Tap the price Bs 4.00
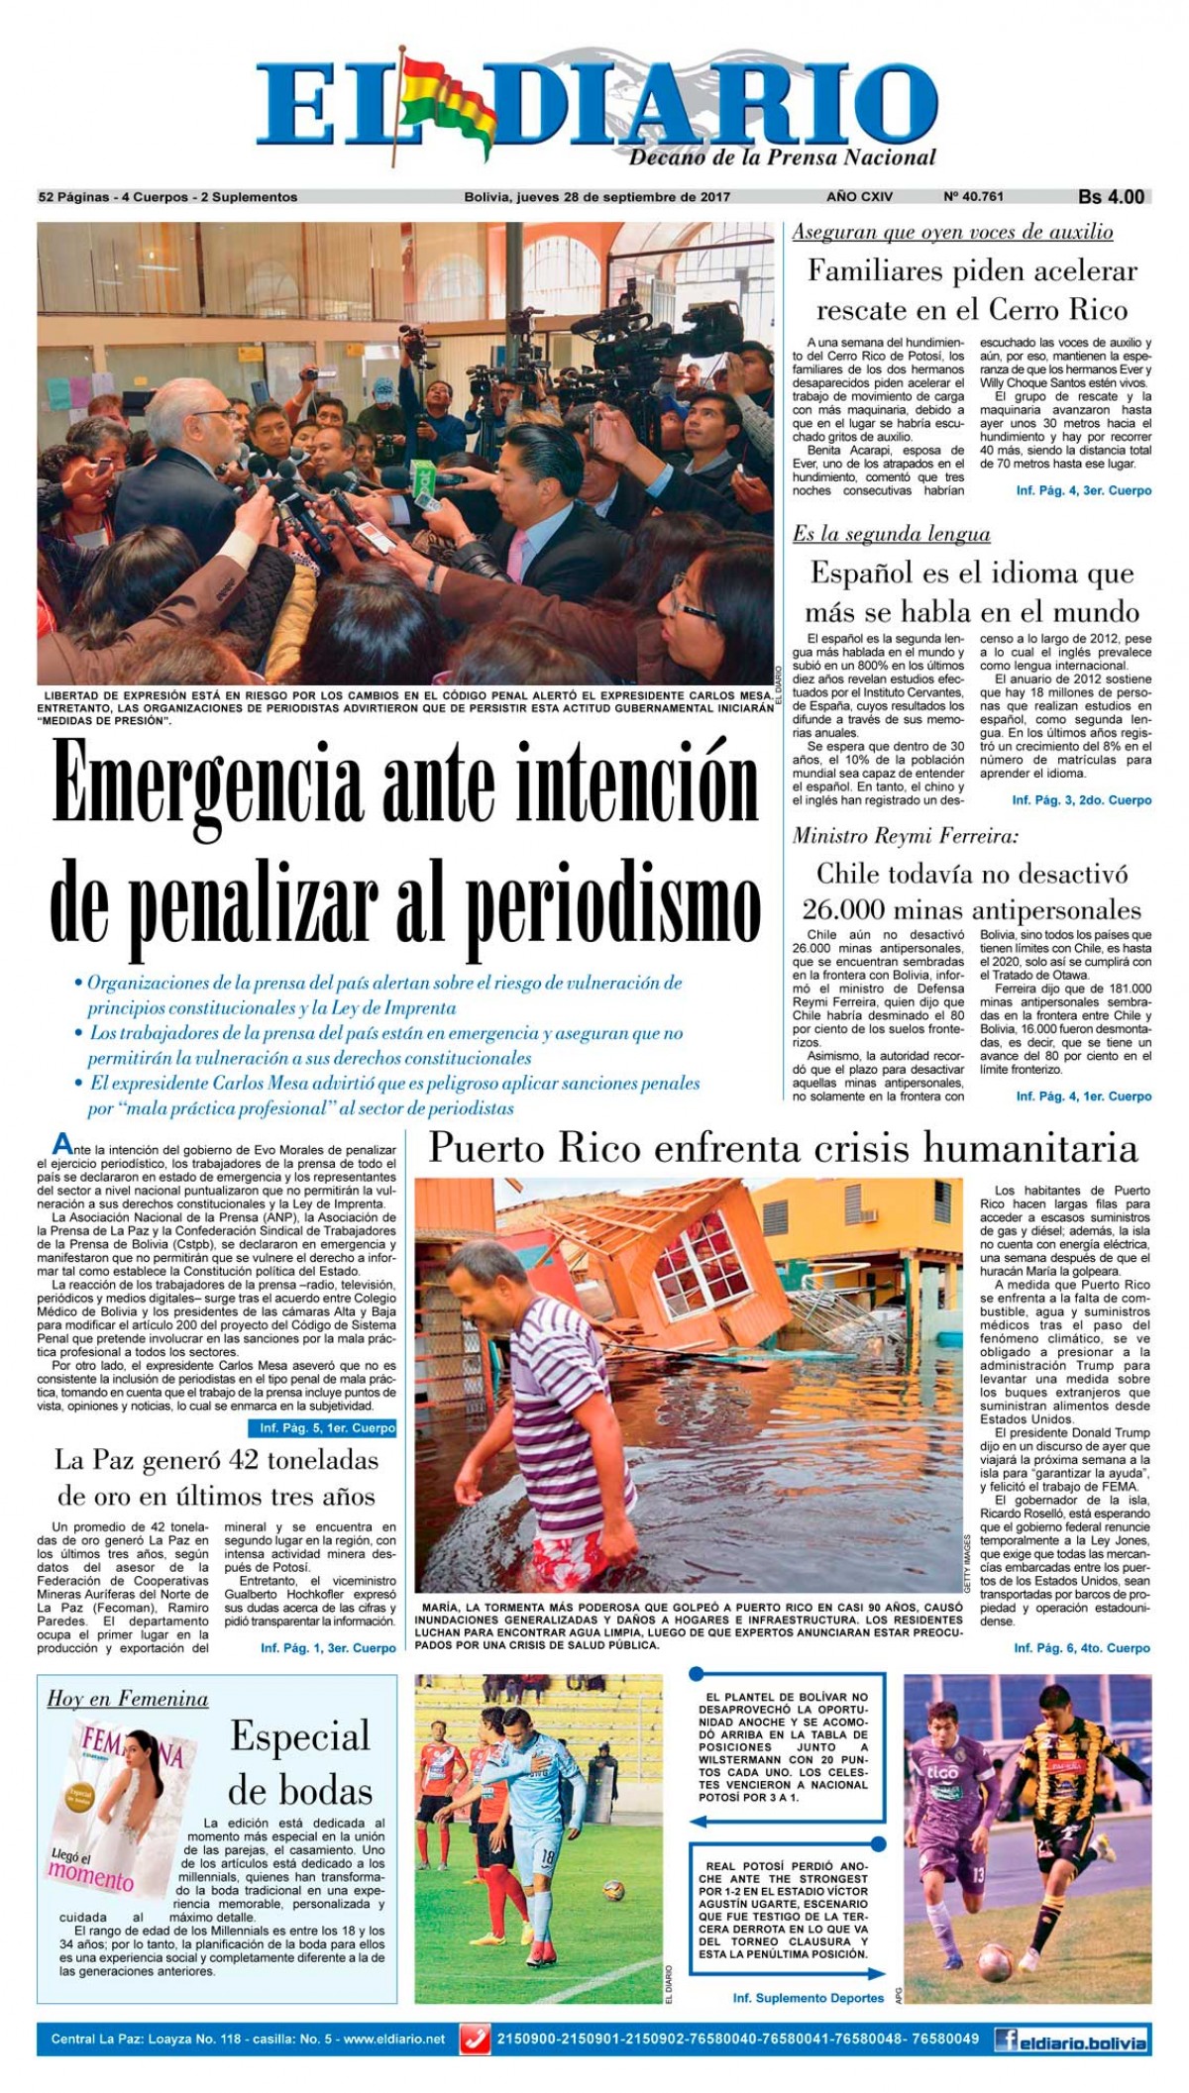click(x=1111, y=197)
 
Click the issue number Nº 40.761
click(x=973, y=196)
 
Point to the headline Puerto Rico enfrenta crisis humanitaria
click(x=783, y=1148)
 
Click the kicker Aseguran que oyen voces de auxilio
click(x=952, y=232)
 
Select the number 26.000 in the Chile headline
click(x=843, y=910)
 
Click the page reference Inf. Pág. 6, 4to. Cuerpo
click(x=1082, y=1647)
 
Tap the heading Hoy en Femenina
click(x=128, y=1699)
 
